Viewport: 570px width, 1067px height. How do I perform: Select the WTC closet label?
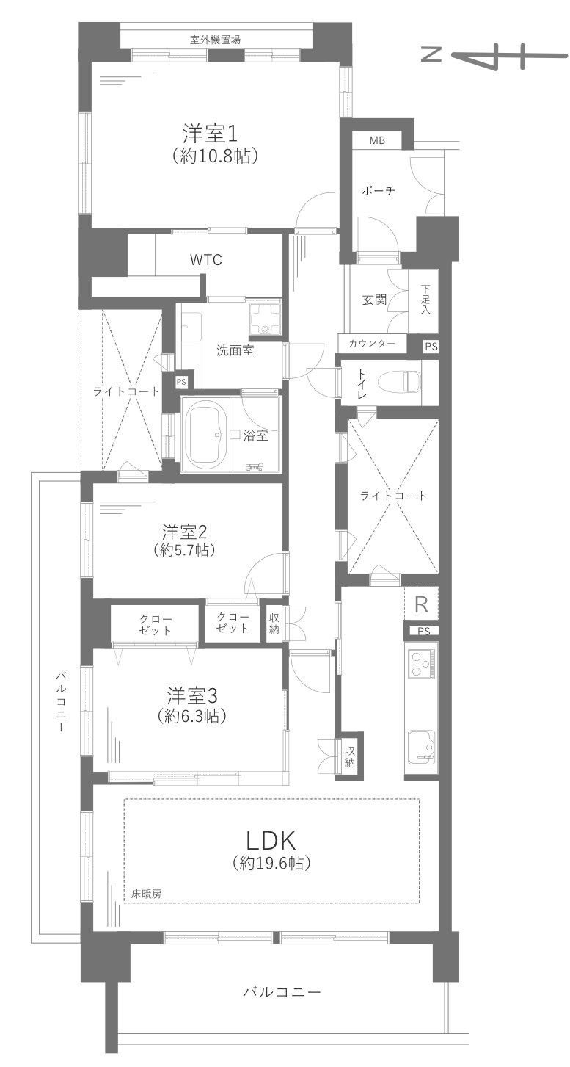point(205,260)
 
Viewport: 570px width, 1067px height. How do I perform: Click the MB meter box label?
point(376,140)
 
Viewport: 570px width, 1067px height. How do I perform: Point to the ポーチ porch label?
point(379,191)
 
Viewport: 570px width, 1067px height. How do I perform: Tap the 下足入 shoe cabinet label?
point(425,300)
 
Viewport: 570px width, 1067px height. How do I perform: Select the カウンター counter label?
point(372,344)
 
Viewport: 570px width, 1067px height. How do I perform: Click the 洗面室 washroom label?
point(235,350)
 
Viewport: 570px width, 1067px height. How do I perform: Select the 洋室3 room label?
point(189,695)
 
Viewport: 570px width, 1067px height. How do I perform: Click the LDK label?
point(271,839)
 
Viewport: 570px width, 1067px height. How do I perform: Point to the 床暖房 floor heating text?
point(147,894)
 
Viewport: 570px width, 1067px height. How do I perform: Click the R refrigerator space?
point(421,604)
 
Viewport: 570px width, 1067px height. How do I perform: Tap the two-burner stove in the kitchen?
point(421,665)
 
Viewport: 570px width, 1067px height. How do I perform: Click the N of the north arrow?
point(432,56)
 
